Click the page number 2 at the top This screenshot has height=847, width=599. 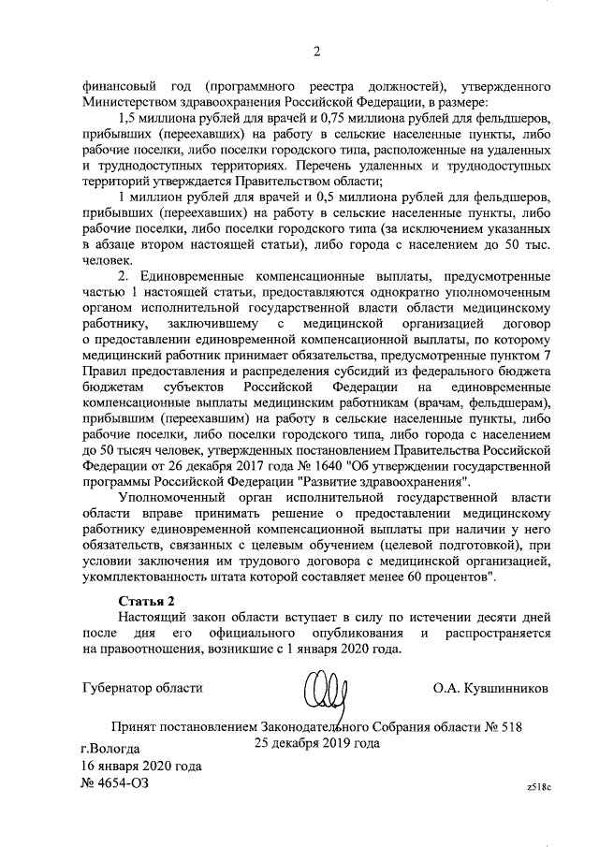click(x=316, y=51)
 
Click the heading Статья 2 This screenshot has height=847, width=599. click(x=147, y=599)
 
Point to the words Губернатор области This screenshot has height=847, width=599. click(x=142, y=689)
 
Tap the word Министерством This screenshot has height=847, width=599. click(x=129, y=101)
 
